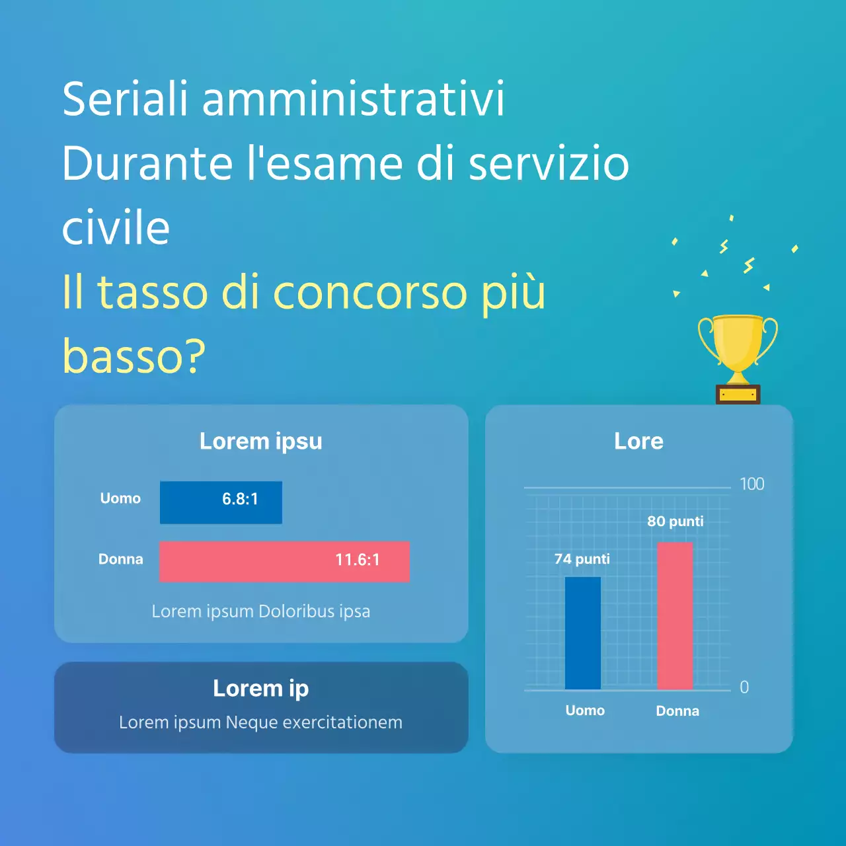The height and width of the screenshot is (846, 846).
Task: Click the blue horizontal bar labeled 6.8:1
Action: click(221, 502)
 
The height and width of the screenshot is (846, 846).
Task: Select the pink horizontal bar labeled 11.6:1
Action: click(284, 562)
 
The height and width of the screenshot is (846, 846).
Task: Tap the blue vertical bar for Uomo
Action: click(583, 633)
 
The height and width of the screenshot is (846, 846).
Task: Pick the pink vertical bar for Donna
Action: click(675, 616)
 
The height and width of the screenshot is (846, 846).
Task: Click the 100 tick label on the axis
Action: click(751, 484)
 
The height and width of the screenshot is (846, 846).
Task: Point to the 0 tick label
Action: click(744, 687)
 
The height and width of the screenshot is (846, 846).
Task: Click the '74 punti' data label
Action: click(582, 559)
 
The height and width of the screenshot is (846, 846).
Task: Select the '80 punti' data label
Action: click(675, 521)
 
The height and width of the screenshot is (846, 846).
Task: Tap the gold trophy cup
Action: click(738, 344)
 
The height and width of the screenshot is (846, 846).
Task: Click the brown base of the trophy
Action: click(738, 395)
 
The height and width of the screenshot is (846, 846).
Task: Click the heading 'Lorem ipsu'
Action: click(261, 441)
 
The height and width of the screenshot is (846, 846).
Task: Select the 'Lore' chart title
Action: click(638, 441)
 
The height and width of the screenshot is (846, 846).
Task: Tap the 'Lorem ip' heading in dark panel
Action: click(261, 688)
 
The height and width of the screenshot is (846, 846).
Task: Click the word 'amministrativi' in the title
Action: click(353, 99)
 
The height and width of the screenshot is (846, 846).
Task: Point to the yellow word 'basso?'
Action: click(134, 356)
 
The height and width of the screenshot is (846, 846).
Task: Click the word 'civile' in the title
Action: click(116, 228)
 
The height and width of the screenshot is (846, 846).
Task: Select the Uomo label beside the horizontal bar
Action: click(120, 498)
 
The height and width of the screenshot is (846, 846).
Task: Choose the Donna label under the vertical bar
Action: click(677, 711)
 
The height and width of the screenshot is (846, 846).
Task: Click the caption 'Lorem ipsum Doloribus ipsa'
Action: click(261, 611)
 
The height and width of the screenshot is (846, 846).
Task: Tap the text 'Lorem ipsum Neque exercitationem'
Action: click(261, 722)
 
